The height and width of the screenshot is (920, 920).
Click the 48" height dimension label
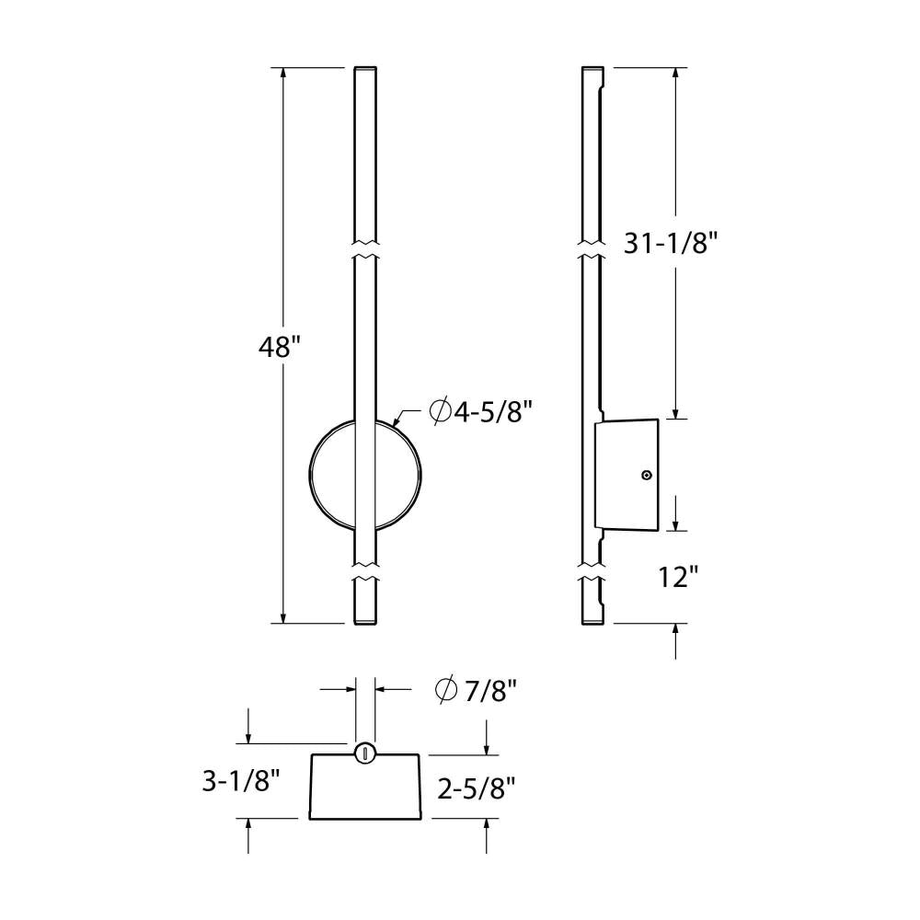[x=279, y=348]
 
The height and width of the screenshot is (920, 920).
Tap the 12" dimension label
[x=679, y=577]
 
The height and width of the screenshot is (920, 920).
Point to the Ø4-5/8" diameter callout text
[x=482, y=411]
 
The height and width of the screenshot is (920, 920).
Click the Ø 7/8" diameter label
[x=476, y=690]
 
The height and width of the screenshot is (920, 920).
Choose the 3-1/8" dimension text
[x=240, y=781]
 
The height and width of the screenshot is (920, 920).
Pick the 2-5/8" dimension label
[x=475, y=788]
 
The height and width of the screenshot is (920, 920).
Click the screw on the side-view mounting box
[x=647, y=475]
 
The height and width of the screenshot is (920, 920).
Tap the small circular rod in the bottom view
[x=365, y=752]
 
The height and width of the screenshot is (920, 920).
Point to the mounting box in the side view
[x=627, y=475]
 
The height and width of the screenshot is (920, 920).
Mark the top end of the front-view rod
[x=365, y=70]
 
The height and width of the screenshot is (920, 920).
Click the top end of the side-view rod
[x=593, y=70]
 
